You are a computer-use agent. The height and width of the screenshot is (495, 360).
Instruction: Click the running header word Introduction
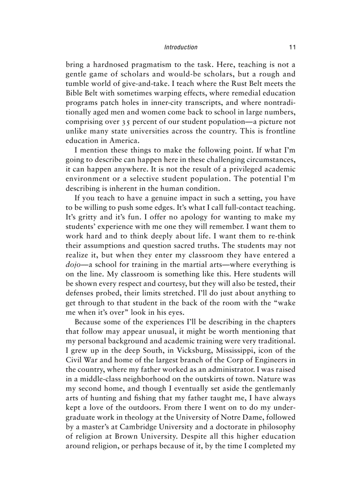tap(180, 47)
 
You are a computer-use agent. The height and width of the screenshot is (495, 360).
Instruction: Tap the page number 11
tap(292, 47)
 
